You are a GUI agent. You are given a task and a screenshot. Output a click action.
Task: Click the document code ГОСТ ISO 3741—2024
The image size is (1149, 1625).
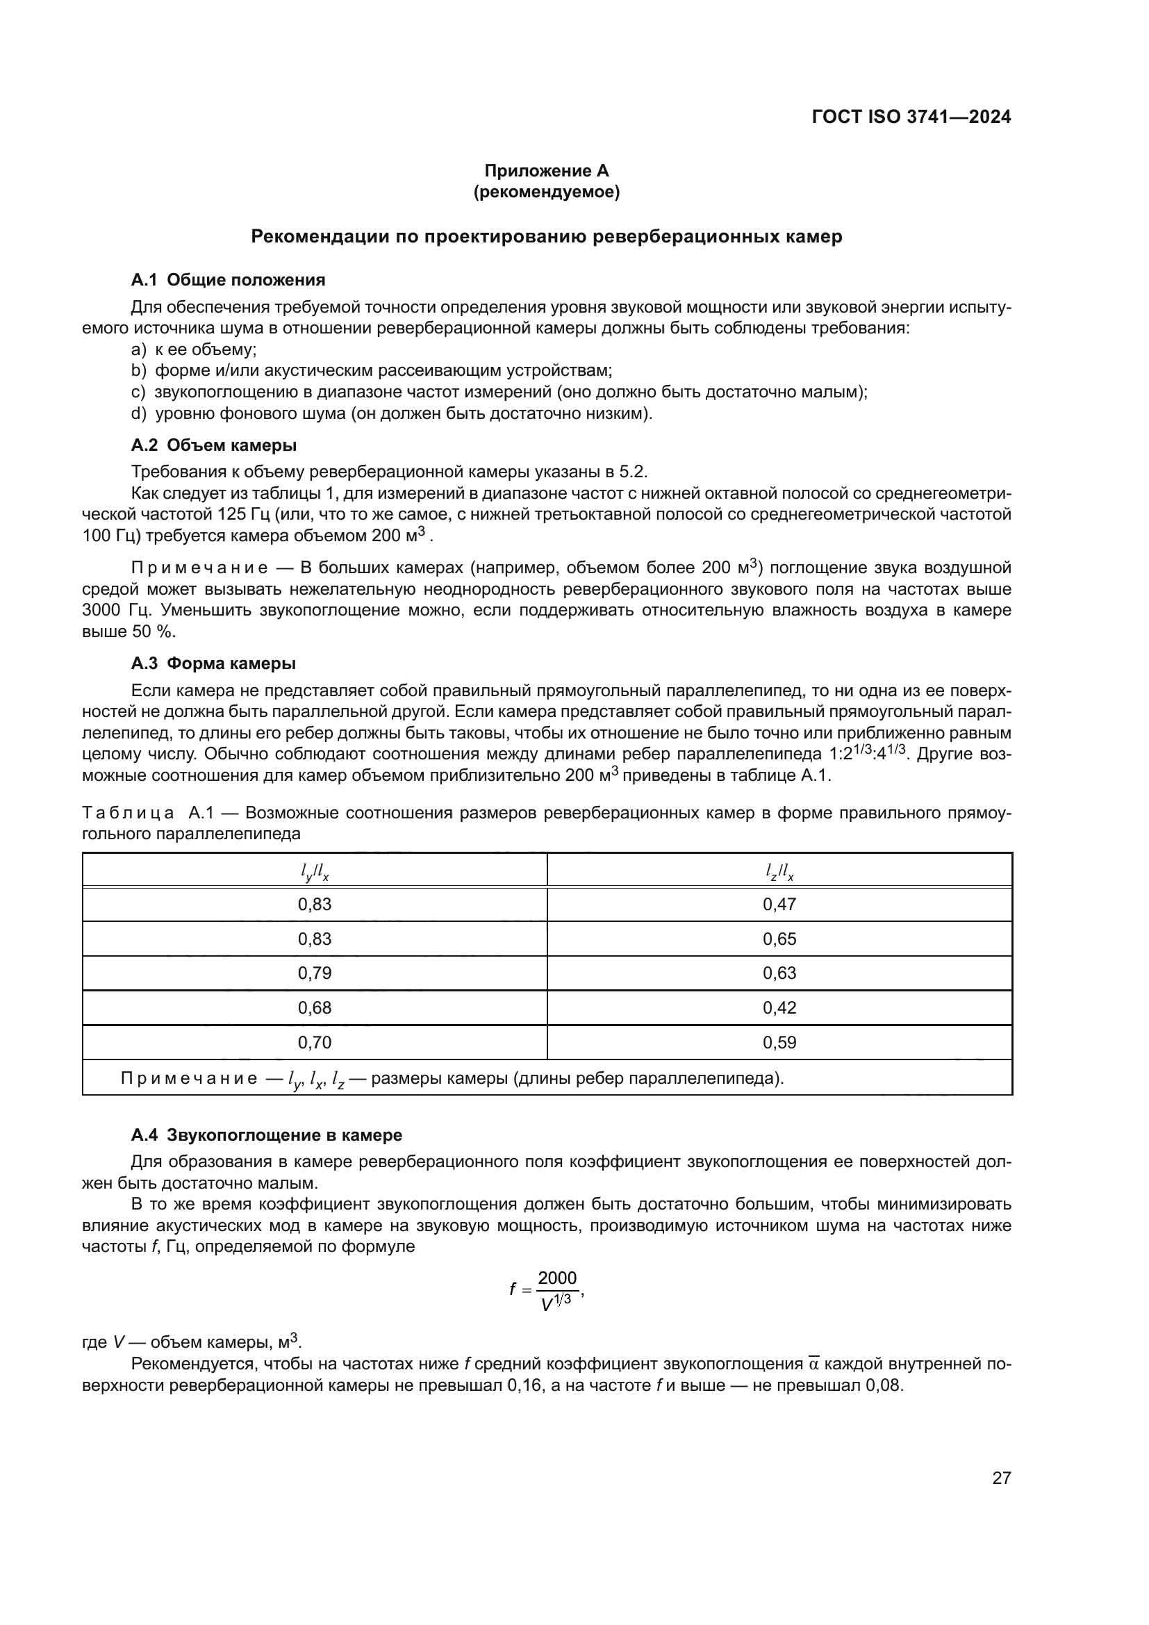911,117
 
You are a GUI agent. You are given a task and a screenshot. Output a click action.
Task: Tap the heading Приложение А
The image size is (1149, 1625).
546,171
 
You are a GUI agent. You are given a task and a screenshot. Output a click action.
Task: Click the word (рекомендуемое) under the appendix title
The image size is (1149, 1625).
546,192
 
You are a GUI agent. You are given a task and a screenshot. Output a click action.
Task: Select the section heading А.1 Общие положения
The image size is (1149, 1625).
228,279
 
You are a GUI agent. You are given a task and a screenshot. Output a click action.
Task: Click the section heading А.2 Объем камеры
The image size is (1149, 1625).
214,445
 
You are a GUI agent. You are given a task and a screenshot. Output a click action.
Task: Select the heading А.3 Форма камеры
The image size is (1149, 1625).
213,663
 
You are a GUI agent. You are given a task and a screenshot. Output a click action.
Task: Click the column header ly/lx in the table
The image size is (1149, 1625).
314,875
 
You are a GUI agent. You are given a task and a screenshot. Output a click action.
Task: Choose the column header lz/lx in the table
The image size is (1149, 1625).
779,875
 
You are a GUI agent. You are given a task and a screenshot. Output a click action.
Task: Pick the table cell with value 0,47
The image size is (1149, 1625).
779,904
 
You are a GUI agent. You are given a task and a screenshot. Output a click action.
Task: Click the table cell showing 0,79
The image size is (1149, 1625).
314,973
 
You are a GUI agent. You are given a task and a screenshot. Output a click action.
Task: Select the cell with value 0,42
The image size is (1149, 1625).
779,1008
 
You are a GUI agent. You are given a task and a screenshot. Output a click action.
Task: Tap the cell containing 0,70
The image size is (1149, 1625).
314,1043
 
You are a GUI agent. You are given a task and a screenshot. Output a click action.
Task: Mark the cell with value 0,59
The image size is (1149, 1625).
779,1043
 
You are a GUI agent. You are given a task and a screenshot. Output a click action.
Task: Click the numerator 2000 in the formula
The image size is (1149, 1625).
557,1278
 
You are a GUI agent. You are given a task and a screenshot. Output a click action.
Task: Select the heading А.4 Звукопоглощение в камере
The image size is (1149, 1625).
266,1135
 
